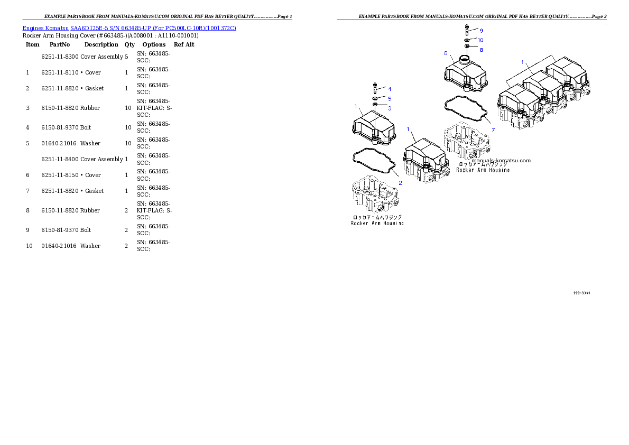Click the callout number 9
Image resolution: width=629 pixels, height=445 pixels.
(x=481, y=31)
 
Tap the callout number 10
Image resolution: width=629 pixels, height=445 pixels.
(x=480, y=40)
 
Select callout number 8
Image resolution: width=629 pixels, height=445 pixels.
(x=481, y=50)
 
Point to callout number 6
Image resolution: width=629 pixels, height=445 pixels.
(x=446, y=53)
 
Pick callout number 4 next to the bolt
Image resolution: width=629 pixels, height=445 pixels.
(x=389, y=89)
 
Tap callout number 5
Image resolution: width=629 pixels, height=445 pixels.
(x=389, y=98)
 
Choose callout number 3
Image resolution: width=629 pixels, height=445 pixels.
(x=389, y=108)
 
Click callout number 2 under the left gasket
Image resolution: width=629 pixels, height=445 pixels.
(x=400, y=183)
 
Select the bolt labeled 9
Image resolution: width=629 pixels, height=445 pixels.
(x=467, y=30)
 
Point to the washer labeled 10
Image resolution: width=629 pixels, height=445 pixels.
(x=468, y=40)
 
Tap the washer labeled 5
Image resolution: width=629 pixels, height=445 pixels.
(x=375, y=98)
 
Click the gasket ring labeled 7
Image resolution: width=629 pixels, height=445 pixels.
(x=465, y=108)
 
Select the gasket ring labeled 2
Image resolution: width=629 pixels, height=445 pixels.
(x=373, y=161)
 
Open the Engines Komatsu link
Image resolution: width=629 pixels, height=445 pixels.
(x=46, y=27)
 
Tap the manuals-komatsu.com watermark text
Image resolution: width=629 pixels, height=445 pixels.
(x=501, y=161)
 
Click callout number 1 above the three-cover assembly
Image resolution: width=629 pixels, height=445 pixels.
(x=522, y=62)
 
